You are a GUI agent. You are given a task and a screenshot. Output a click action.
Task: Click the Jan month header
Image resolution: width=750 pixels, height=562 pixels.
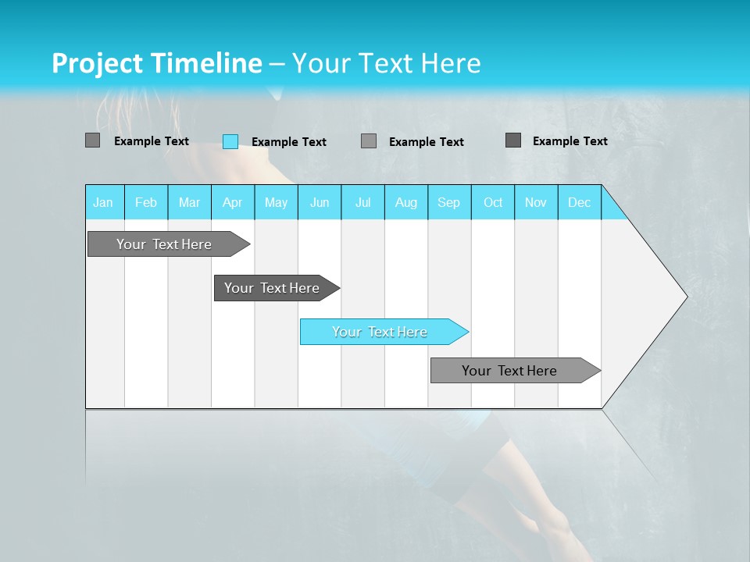coord(104,202)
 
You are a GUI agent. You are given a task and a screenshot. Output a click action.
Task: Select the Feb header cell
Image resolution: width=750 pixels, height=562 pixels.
coord(146,202)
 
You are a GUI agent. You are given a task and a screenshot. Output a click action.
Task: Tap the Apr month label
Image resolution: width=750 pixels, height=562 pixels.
coord(233,202)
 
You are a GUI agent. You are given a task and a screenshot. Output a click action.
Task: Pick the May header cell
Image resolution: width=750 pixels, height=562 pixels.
coord(276,202)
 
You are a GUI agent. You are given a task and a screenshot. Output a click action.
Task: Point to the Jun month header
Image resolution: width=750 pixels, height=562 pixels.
coord(320,202)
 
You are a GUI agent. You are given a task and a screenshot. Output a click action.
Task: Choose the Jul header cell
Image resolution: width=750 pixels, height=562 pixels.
coord(362,202)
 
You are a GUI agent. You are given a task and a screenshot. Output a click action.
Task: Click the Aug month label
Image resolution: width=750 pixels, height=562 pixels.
coord(406,202)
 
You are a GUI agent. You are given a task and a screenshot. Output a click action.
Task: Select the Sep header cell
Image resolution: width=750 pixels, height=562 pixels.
coord(449,202)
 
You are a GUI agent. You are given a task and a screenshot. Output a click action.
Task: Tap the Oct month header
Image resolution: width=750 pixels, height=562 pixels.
coord(493,202)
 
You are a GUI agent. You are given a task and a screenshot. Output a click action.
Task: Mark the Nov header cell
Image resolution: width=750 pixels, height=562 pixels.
coord(536,202)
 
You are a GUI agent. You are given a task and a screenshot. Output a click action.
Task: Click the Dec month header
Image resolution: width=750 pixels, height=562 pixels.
coord(580,202)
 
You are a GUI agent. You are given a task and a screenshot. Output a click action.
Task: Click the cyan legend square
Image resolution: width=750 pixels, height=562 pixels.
coord(230,141)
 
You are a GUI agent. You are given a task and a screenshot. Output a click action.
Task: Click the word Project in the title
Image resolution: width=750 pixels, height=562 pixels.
coord(97,63)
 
